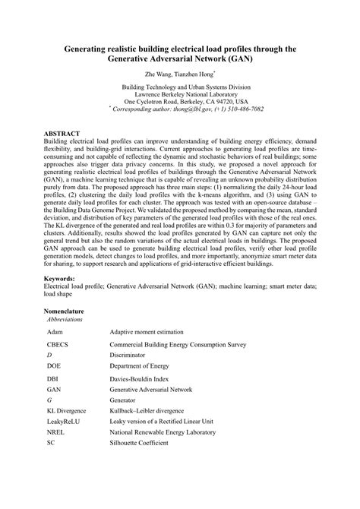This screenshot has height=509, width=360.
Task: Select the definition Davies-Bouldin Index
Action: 141,378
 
